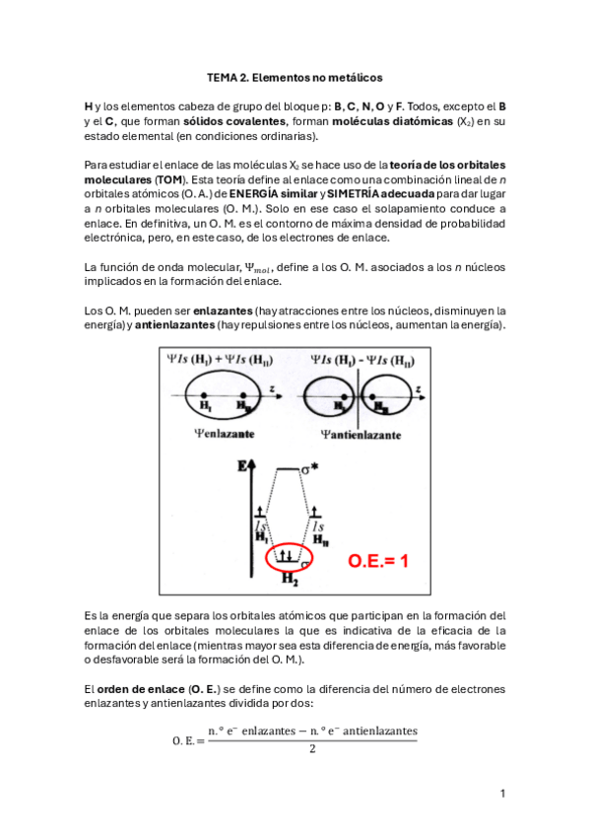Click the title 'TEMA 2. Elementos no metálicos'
click(294, 76)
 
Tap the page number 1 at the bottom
click(502, 794)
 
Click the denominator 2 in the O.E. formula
click(312, 749)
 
